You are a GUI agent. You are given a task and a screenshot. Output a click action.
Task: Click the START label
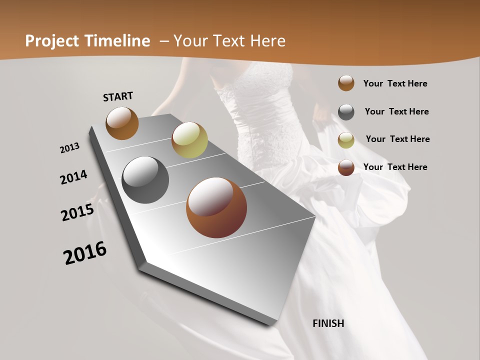[x=118, y=96]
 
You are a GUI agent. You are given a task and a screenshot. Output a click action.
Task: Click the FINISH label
[x=328, y=323]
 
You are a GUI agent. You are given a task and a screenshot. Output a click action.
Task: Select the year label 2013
[x=69, y=148]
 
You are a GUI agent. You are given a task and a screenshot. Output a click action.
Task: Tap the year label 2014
[x=74, y=177]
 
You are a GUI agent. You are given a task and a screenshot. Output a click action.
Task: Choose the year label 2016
[x=85, y=253]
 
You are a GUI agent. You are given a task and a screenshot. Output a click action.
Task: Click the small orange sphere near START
[x=122, y=123]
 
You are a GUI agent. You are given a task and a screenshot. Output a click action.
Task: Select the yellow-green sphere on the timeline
[x=189, y=139]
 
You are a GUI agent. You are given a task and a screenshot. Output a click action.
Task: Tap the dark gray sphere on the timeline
[x=145, y=180]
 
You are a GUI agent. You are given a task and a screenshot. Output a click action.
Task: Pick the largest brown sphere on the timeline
[x=216, y=207]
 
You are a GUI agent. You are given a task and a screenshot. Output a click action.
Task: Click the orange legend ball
[x=346, y=83]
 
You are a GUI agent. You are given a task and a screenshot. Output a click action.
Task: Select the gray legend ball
[x=346, y=112]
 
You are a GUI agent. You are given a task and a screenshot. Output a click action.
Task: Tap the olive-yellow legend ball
[x=346, y=140]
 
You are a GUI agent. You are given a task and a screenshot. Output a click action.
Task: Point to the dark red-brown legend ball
[x=346, y=167]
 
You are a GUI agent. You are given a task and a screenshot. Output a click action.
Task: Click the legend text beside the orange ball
[x=395, y=83]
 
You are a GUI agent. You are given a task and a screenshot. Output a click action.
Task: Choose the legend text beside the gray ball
[x=396, y=111]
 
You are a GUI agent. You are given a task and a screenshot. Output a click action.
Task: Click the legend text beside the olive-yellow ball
[x=397, y=139]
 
